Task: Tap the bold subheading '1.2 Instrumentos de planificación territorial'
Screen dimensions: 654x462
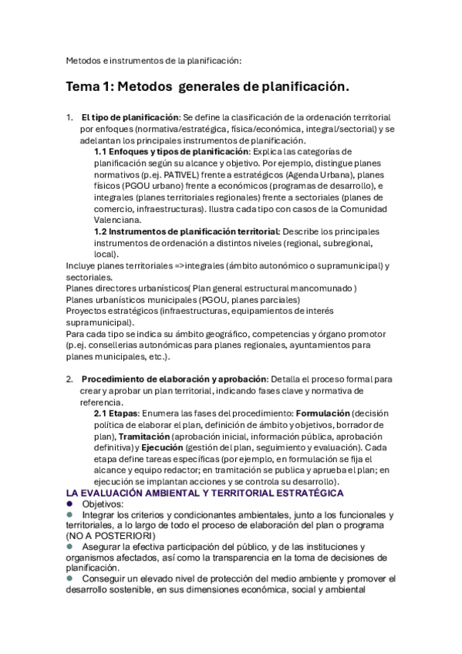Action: (186, 231)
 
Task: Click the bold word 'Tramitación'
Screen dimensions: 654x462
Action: (122, 436)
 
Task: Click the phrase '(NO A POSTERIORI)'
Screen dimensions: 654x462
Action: (110, 535)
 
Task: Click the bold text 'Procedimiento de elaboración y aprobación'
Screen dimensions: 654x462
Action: (174, 379)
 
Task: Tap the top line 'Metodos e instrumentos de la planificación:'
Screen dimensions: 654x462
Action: (153, 60)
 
